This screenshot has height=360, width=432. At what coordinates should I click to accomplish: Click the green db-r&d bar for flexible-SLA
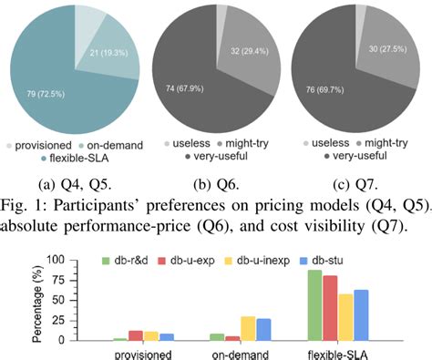316,305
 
